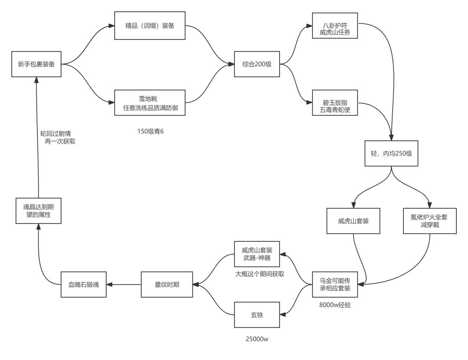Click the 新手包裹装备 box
[x=36, y=64]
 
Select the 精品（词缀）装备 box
[x=150, y=26]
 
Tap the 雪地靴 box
[x=150, y=103]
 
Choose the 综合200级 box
[x=257, y=64]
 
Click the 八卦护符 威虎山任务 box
[x=335, y=26]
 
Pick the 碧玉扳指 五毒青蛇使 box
[x=335, y=103]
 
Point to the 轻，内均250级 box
[x=391, y=153]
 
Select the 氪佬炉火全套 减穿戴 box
[x=430, y=221]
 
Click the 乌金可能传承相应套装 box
[x=335, y=285]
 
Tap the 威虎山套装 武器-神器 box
[x=257, y=254]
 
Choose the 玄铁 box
[x=257, y=315]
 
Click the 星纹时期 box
[x=167, y=285]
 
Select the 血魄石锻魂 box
[x=84, y=285]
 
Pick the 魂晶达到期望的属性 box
[x=39, y=211]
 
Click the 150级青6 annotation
[x=150, y=131]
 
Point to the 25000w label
[x=257, y=339]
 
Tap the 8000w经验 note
[x=335, y=305]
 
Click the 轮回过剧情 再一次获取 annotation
[x=58, y=138]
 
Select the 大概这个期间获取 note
[x=260, y=274]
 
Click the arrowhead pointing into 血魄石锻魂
[x=110, y=285]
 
